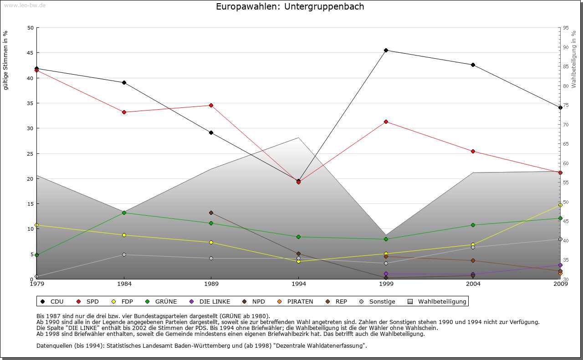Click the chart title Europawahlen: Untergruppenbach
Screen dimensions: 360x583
click(290, 7)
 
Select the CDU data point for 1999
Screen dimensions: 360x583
click(386, 50)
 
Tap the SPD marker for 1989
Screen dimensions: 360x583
click(211, 105)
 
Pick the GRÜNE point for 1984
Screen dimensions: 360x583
click(124, 213)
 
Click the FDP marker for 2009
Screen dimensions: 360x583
click(560, 205)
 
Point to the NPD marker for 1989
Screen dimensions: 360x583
click(211, 213)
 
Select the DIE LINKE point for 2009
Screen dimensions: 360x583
click(560, 265)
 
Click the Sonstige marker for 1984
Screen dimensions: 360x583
click(124, 254)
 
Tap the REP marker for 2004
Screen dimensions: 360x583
click(473, 260)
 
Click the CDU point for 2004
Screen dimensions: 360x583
click(473, 65)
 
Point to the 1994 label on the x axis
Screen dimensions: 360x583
click(299, 284)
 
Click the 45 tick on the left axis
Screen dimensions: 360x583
click(31, 53)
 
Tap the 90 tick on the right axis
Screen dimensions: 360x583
click(566, 47)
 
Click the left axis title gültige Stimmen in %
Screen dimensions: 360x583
click(6, 60)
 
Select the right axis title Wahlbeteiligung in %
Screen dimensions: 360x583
click(574, 60)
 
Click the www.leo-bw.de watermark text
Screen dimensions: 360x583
click(25, 5)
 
